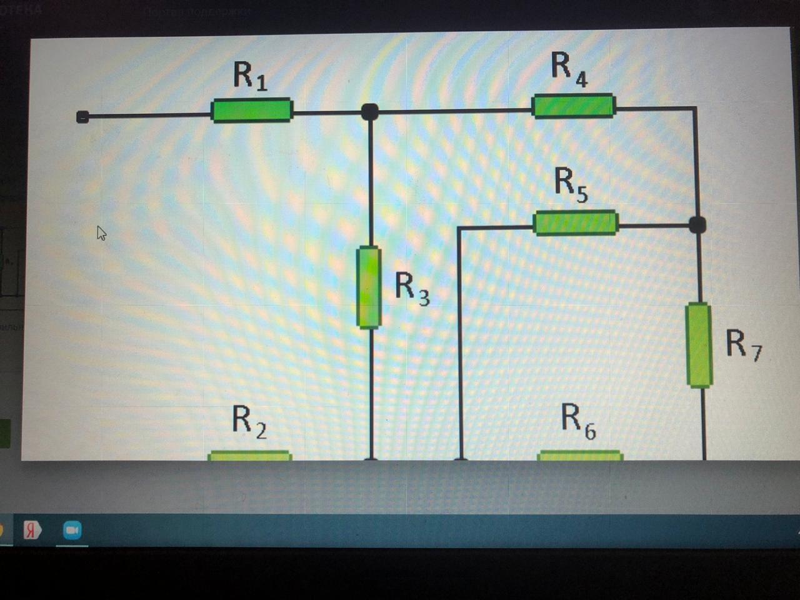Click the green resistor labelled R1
(x=252, y=111)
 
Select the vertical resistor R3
(x=369, y=287)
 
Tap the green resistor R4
(x=573, y=106)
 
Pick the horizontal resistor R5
(x=576, y=223)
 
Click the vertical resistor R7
(x=699, y=345)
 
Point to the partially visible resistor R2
(x=249, y=456)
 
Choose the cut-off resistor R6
(x=580, y=456)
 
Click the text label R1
(x=250, y=76)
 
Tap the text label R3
(x=412, y=288)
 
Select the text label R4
(x=569, y=68)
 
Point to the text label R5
(x=571, y=185)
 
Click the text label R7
(x=743, y=344)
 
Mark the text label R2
(x=249, y=421)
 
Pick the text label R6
(x=578, y=421)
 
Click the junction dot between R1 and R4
(x=370, y=112)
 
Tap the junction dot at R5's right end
(x=697, y=224)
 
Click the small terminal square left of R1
(x=82, y=117)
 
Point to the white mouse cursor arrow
(x=101, y=232)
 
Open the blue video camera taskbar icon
(x=72, y=531)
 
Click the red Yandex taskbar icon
(x=32, y=531)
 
